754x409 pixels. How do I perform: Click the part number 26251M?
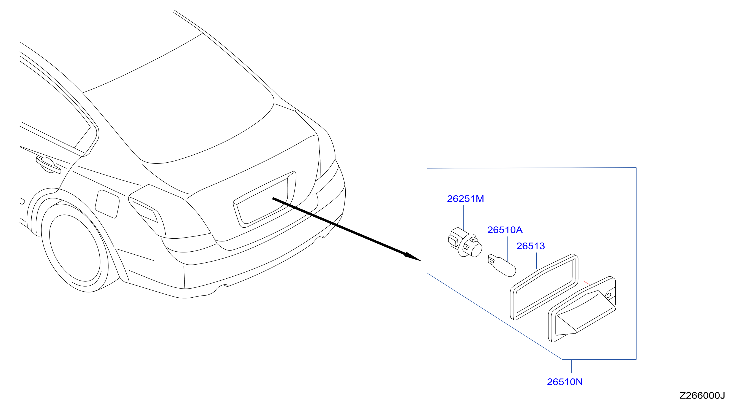[465, 199]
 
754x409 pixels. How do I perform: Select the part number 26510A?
[505, 230]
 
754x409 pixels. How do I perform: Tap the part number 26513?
[530, 246]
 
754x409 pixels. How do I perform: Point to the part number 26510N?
[565, 382]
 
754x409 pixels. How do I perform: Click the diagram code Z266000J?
[702, 395]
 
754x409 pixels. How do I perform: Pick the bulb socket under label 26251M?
[465, 243]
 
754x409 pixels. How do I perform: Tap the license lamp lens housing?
[582, 309]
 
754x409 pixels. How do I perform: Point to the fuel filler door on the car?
[107, 204]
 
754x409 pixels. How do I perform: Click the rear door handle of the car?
[48, 165]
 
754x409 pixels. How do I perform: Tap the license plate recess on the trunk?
[264, 200]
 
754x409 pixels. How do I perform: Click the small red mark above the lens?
[587, 283]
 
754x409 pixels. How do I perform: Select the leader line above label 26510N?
[571, 366]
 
